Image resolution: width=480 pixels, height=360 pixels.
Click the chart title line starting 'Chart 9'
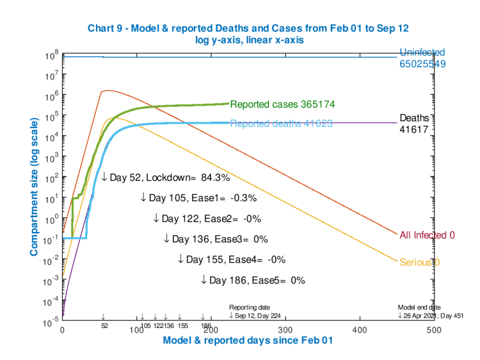tap(247, 28)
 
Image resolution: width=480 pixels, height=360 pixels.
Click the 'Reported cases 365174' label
tap(283, 104)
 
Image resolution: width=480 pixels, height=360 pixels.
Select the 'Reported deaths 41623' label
tap(281, 124)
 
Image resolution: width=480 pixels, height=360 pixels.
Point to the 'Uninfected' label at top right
tap(422, 53)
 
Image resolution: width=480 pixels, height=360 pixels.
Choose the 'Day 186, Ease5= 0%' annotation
tap(253, 280)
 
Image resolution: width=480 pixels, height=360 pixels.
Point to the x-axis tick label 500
tap(359, 329)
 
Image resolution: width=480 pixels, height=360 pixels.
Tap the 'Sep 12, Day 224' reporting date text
tap(255, 315)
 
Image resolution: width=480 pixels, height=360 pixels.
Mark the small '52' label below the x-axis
tap(104, 325)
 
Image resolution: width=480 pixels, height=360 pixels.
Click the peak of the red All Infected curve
tap(109, 90)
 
